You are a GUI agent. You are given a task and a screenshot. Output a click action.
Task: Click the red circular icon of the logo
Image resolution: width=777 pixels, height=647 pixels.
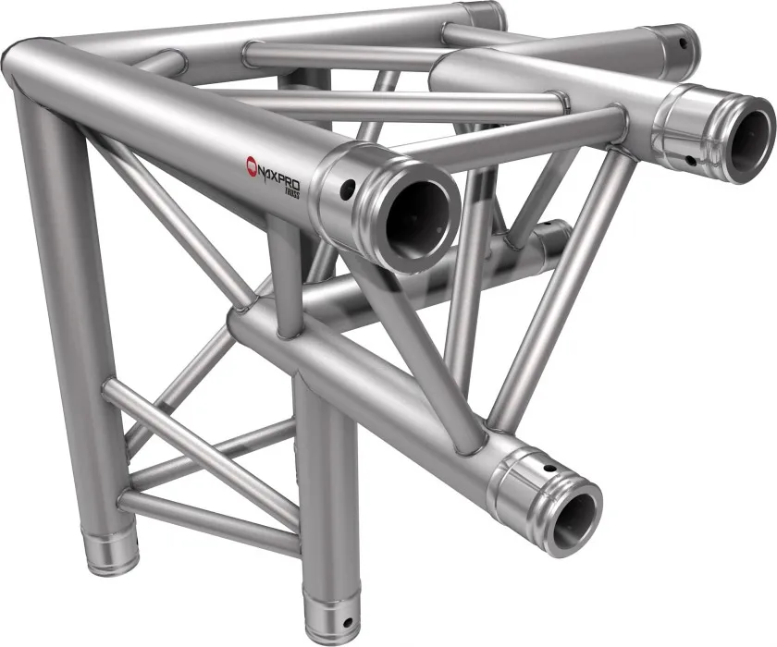tap(252, 165)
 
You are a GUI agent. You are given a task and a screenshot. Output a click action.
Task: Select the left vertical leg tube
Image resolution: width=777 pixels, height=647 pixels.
tap(65, 323)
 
